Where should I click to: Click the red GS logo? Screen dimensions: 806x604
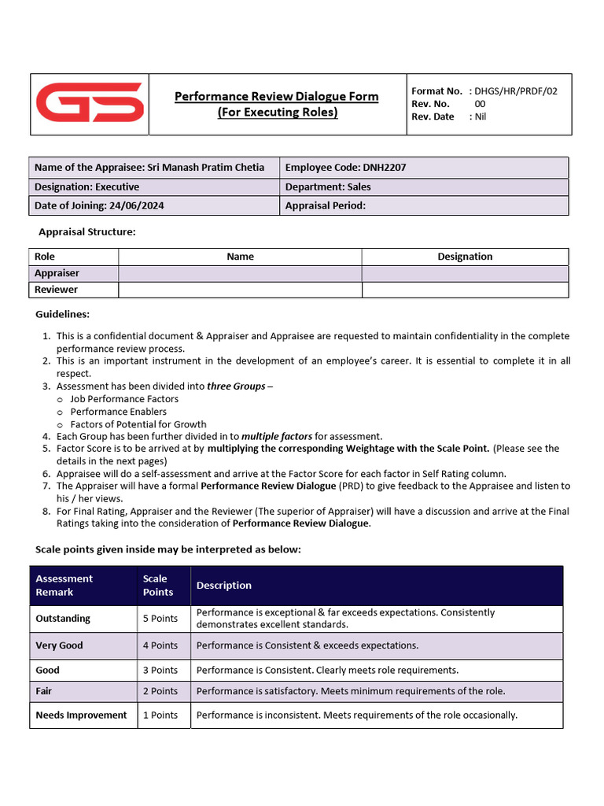coord(90,103)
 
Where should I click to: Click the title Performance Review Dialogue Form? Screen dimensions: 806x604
coord(276,96)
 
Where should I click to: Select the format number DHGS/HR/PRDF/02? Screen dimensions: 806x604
coord(515,91)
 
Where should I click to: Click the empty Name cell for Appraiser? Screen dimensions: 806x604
coord(240,273)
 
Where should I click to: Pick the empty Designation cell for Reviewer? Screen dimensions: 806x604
coord(464,290)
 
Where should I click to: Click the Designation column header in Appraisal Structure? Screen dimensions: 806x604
coord(464,257)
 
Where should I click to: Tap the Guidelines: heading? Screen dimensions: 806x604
coord(62,314)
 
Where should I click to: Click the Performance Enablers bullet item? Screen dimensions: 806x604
coord(118,412)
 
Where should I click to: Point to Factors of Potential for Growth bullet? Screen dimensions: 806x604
coord(138,424)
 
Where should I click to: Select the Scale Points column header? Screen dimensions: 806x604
coord(157,585)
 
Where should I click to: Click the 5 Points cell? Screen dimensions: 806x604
coord(160,619)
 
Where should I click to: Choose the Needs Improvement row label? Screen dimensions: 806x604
coord(81,715)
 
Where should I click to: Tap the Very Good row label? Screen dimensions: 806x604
coord(59,645)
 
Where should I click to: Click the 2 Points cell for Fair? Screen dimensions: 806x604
coord(160,691)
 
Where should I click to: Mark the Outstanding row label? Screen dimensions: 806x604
coord(63,619)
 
